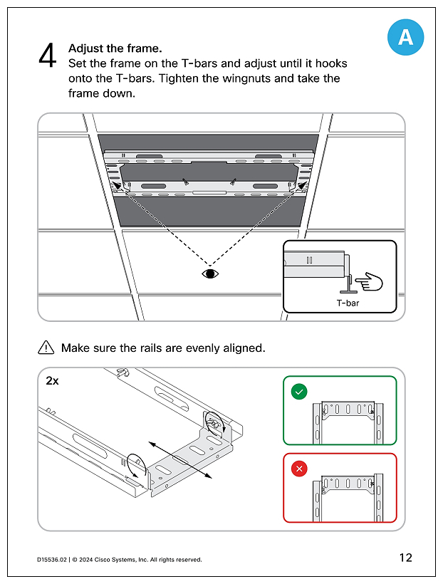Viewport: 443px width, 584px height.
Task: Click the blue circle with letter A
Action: [405, 38]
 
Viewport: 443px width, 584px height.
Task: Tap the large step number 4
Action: [47, 56]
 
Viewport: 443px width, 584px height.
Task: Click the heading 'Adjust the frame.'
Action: [115, 48]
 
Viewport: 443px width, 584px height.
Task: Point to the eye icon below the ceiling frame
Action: [209, 273]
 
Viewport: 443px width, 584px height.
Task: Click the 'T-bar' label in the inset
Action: [348, 303]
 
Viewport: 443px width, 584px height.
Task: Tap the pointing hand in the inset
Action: [369, 282]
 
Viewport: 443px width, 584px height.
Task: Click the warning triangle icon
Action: [46, 348]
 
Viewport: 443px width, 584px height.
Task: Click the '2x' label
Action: [53, 380]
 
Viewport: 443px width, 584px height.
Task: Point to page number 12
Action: [405, 558]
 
